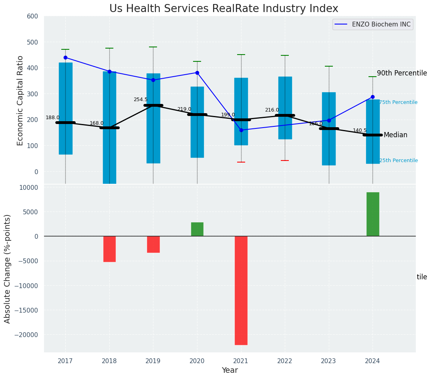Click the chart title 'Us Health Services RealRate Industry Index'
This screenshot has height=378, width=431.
coord(224,9)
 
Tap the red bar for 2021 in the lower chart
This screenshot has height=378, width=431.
coord(241,290)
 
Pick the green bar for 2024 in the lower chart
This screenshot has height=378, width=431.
coord(373,214)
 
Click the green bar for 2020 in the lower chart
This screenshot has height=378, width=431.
coord(197,229)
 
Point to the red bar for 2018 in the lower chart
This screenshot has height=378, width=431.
coord(109,249)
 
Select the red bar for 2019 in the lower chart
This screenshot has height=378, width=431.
coord(153,244)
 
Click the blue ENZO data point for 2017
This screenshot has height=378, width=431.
coord(65,57)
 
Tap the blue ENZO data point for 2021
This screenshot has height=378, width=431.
coord(241,130)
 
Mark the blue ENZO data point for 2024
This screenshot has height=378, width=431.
coord(373,97)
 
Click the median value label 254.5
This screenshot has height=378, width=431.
coord(141,100)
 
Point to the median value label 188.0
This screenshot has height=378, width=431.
coord(52,118)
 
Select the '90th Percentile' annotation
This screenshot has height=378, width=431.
coord(402,73)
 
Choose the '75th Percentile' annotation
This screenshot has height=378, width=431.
coord(398,103)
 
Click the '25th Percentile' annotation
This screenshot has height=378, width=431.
coord(398,161)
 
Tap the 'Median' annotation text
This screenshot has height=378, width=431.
coord(395,135)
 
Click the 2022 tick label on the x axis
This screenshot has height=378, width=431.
coord(285,361)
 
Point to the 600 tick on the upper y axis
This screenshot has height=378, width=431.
coord(32,16)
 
